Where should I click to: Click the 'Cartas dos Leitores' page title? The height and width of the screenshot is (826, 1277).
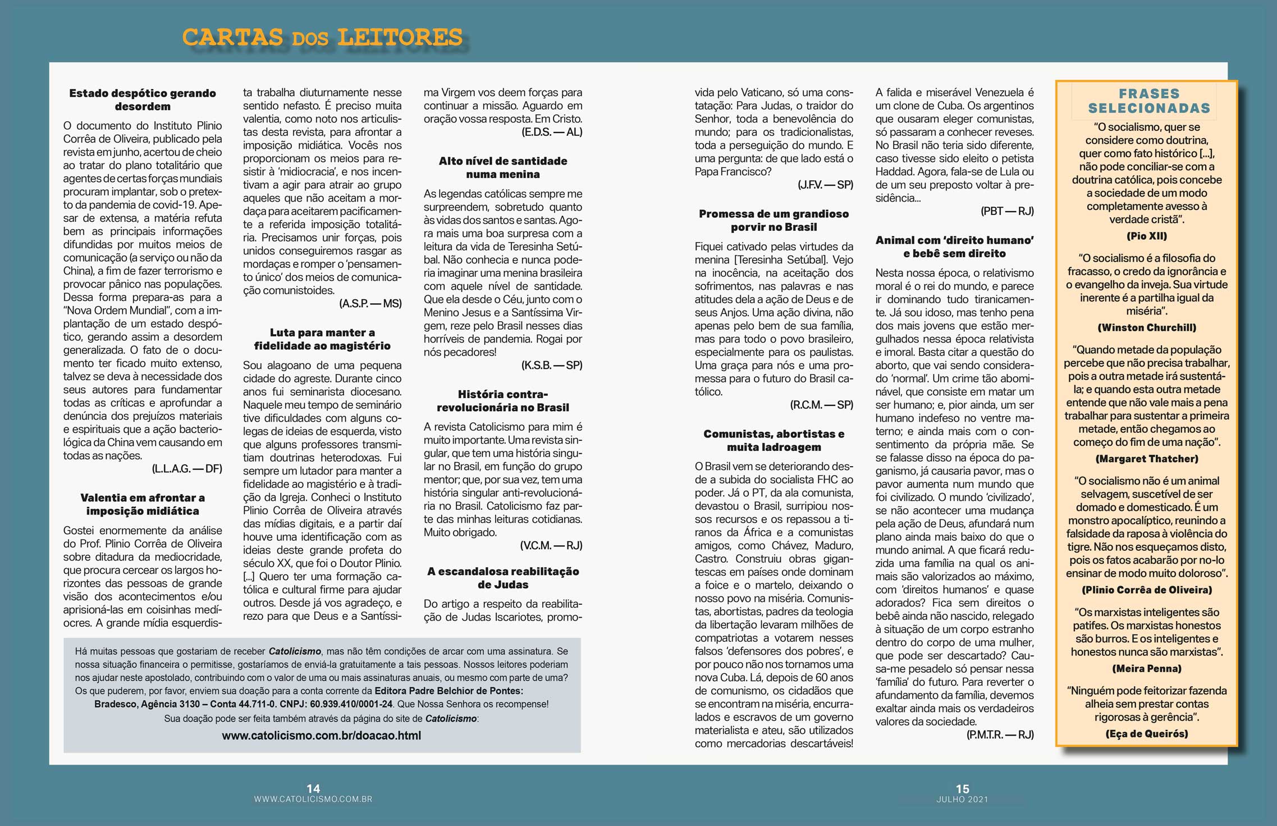click(x=322, y=38)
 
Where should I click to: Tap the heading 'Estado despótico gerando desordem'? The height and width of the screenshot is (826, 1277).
click(x=143, y=100)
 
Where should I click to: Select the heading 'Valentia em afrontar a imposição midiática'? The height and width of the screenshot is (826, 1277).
click(x=143, y=504)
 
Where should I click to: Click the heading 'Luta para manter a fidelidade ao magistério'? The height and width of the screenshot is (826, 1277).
click(x=322, y=339)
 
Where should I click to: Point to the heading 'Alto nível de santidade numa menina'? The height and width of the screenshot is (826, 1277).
click(x=503, y=167)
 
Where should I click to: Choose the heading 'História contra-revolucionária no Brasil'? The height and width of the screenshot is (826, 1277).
click(x=503, y=401)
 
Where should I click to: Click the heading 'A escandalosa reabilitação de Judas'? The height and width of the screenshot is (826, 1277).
click(x=503, y=578)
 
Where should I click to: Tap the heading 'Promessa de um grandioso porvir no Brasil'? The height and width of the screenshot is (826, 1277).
click(x=773, y=220)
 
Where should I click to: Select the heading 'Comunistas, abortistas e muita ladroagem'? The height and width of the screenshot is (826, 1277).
click(x=773, y=440)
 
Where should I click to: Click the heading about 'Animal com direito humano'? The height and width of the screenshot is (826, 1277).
click(x=954, y=247)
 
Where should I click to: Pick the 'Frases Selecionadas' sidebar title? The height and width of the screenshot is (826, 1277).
click(x=1148, y=101)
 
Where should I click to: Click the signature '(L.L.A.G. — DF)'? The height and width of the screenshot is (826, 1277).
click(x=187, y=468)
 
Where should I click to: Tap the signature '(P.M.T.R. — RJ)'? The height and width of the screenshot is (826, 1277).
click(x=1000, y=734)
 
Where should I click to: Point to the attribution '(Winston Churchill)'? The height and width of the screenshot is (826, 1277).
click(x=1147, y=327)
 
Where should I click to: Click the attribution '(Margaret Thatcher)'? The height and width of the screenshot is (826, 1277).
click(x=1147, y=459)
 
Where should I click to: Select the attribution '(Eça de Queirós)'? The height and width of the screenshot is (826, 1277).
click(x=1147, y=733)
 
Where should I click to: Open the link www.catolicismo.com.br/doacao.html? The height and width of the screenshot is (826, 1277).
click(x=321, y=735)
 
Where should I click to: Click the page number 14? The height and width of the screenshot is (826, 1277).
click(x=313, y=788)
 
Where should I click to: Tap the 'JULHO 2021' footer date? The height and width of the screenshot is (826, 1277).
click(x=962, y=799)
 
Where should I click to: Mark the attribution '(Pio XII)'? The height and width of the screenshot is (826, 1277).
click(x=1147, y=236)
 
